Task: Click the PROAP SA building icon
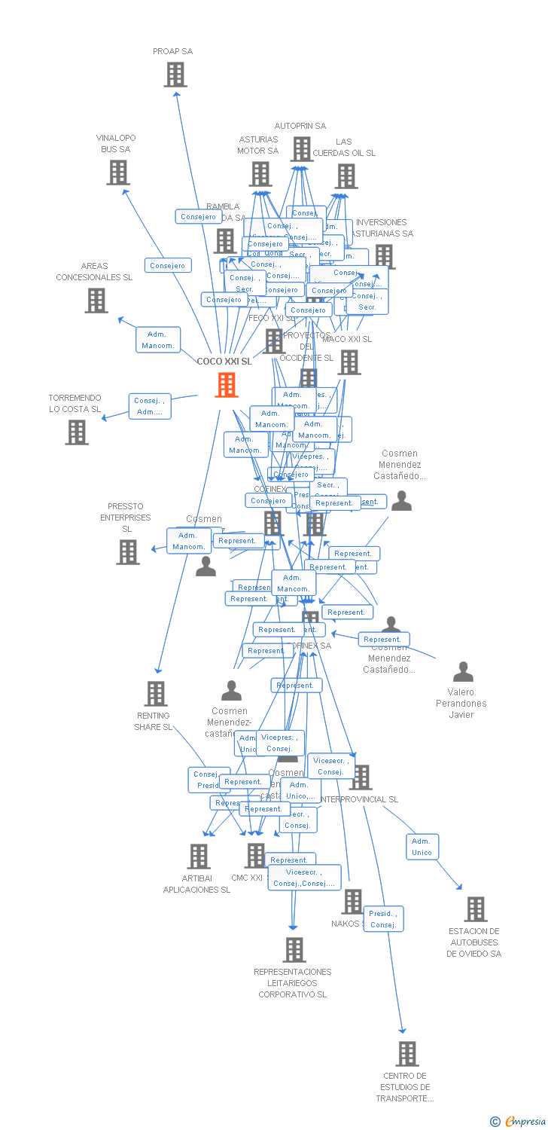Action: point(175,75)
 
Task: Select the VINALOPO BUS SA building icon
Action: point(118,173)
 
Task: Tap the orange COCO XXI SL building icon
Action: point(227,385)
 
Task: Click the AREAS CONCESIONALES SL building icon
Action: point(96,301)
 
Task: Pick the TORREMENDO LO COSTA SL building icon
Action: point(77,432)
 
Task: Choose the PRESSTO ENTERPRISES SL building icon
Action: point(128,552)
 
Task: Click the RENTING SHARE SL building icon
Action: point(156,694)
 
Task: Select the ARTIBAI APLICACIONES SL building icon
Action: point(199,857)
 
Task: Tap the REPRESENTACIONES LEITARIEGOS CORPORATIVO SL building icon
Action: point(294,950)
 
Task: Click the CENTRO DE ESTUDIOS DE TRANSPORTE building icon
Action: point(407,1054)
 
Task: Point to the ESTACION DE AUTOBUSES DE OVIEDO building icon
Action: point(476,909)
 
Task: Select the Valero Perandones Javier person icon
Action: point(463,672)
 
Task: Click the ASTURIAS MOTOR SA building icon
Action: point(260,174)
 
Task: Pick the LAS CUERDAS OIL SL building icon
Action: point(346,176)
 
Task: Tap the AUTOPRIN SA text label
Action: point(300,126)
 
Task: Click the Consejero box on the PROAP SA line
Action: point(199,217)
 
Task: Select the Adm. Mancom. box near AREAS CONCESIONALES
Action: point(157,340)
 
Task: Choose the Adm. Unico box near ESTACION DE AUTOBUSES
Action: point(422,847)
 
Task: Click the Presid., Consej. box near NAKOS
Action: point(383,919)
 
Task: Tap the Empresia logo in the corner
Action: point(519,1122)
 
